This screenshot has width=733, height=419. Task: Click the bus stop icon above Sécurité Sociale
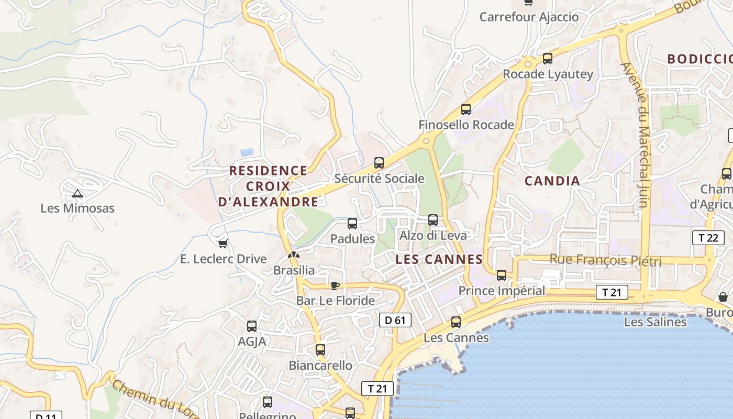click(379, 163)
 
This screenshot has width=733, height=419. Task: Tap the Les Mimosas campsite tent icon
click(77, 194)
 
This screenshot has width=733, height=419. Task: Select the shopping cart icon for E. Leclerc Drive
click(223, 244)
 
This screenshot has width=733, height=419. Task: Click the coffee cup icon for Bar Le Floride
click(335, 285)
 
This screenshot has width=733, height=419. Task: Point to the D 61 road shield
click(395, 320)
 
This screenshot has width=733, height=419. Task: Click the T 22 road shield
click(708, 238)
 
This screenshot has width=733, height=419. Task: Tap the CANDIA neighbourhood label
click(552, 181)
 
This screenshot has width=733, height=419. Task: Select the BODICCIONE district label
click(699, 59)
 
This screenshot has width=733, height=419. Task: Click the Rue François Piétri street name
click(605, 260)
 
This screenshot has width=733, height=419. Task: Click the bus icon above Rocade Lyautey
click(548, 59)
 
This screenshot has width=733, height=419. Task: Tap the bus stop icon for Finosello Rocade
click(466, 109)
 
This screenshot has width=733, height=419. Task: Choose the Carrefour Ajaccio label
click(529, 17)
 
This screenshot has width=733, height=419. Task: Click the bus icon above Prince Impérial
click(502, 275)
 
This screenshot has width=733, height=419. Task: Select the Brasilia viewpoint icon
click(294, 256)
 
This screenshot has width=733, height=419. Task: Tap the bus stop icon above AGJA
click(252, 326)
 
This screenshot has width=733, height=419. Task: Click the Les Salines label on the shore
click(655, 322)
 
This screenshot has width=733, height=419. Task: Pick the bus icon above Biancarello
click(320, 350)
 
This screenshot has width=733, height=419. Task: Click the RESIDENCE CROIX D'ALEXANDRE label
click(269, 186)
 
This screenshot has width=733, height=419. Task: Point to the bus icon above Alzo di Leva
click(433, 220)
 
